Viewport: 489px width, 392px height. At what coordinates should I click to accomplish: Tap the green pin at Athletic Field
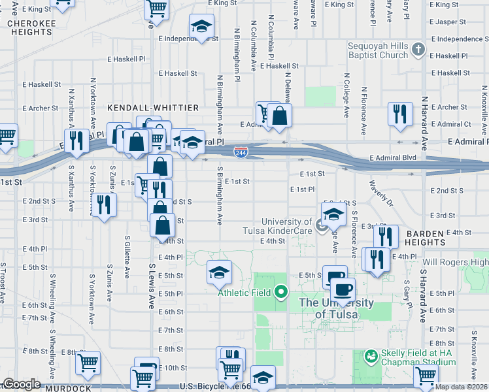pos(281,291)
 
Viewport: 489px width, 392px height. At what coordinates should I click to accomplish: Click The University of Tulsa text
pos(335,308)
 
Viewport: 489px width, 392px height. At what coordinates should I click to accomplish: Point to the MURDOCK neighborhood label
pos(69,388)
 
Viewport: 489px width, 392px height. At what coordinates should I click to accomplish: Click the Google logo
pos(22,384)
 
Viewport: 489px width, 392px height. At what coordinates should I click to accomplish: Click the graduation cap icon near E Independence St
pos(201,27)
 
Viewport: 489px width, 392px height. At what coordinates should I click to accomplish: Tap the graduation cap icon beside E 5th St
pos(220,272)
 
